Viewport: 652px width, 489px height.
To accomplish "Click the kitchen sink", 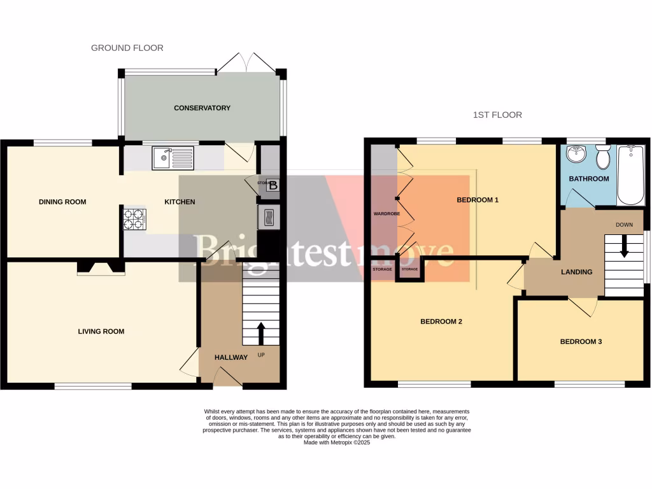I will click(x=173, y=157).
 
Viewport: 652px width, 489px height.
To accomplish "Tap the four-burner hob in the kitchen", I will click(x=134, y=220).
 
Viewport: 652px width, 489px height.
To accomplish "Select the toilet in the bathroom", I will click(x=603, y=157).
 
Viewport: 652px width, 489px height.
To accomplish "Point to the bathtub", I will click(x=631, y=175).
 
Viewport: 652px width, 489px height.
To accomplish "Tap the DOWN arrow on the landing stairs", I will click(x=624, y=246).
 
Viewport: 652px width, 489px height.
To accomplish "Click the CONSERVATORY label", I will click(x=202, y=108).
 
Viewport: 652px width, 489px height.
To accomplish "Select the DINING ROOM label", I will click(x=62, y=202).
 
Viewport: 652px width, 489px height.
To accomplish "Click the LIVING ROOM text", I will click(x=101, y=331).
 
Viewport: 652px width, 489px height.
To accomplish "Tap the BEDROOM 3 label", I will click(x=581, y=342).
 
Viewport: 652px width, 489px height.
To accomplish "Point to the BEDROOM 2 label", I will click(x=441, y=322).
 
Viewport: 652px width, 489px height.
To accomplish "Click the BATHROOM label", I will click(x=588, y=179).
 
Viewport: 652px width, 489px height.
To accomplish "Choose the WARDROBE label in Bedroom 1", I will click(x=386, y=213).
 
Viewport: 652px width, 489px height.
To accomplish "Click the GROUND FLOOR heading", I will click(x=127, y=48).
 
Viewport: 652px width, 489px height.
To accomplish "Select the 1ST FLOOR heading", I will click(x=497, y=115).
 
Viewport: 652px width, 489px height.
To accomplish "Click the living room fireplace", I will click(x=101, y=268).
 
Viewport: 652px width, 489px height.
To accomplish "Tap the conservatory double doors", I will click(x=248, y=62).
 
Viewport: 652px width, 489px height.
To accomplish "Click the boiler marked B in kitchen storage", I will click(x=273, y=185).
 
